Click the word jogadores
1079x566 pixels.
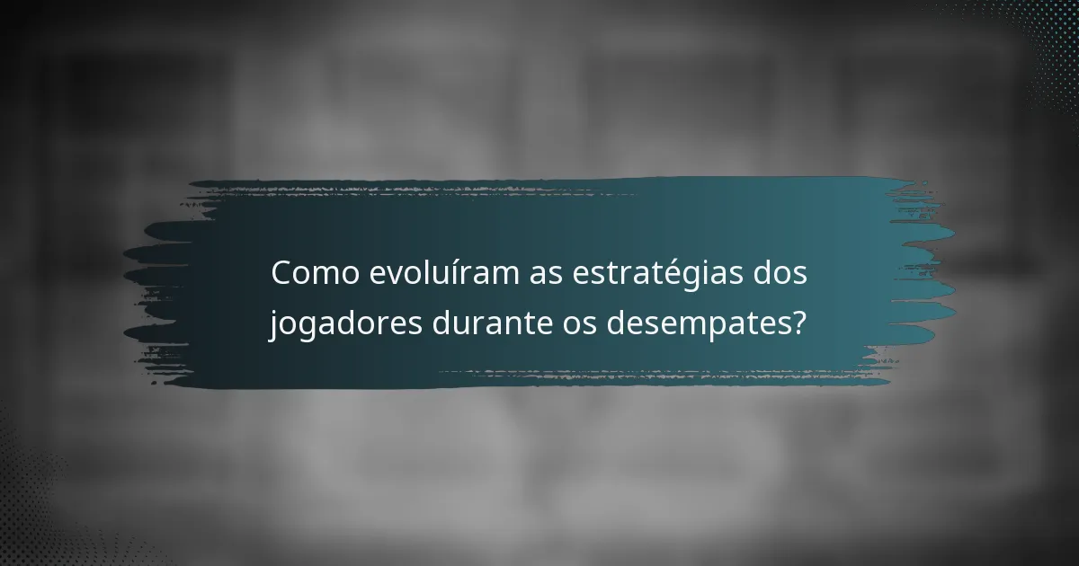click(346, 323)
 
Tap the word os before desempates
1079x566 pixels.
click(573, 323)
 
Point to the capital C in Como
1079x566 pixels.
click(283, 274)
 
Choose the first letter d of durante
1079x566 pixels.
click(442, 322)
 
